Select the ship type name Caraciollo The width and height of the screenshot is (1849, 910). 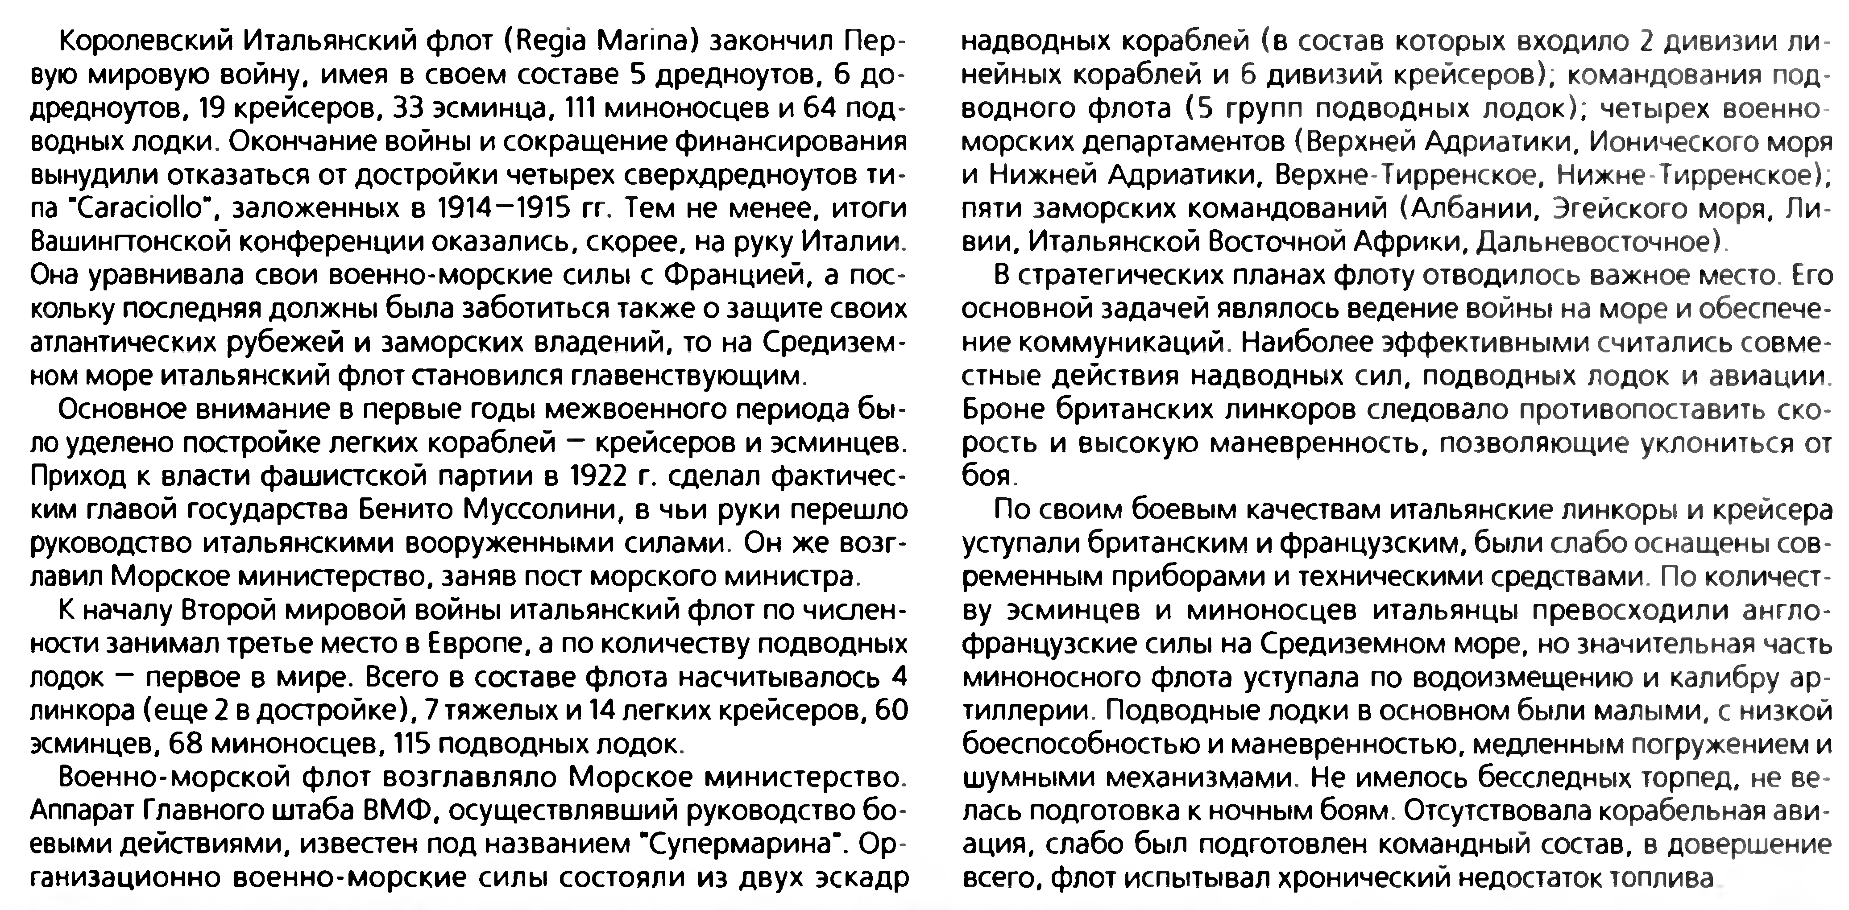click(x=137, y=210)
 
